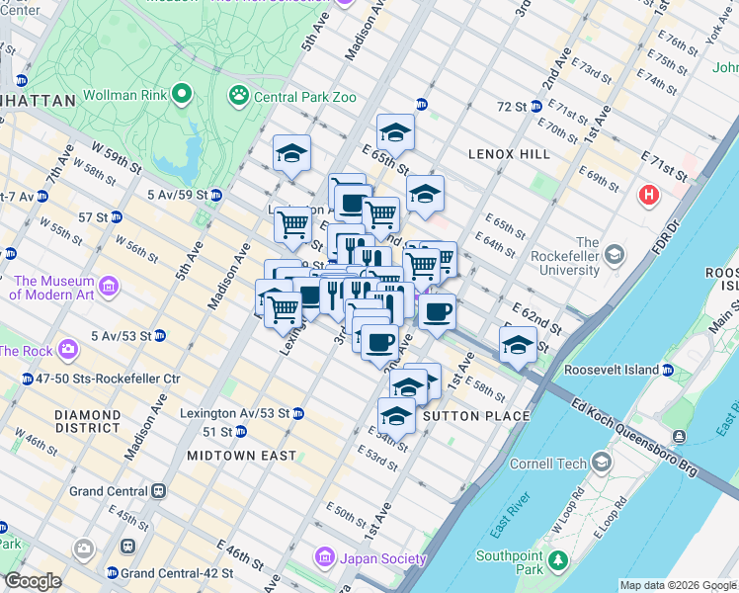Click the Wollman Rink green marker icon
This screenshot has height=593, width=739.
(182, 96)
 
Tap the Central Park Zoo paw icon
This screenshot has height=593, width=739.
(238, 96)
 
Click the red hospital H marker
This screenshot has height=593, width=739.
(649, 194)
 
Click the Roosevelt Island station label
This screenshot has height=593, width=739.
(612, 370)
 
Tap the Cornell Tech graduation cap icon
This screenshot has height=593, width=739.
(602, 463)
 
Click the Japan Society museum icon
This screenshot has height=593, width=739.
(325, 558)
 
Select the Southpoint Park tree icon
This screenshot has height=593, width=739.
(557, 560)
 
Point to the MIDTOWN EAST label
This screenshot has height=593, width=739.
(242, 456)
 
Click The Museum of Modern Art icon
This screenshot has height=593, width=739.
(109, 287)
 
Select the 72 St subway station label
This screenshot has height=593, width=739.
(511, 106)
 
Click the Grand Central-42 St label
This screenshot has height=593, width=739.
(176, 572)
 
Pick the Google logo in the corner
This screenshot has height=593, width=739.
(33, 582)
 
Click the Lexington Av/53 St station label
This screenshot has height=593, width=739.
(234, 412)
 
